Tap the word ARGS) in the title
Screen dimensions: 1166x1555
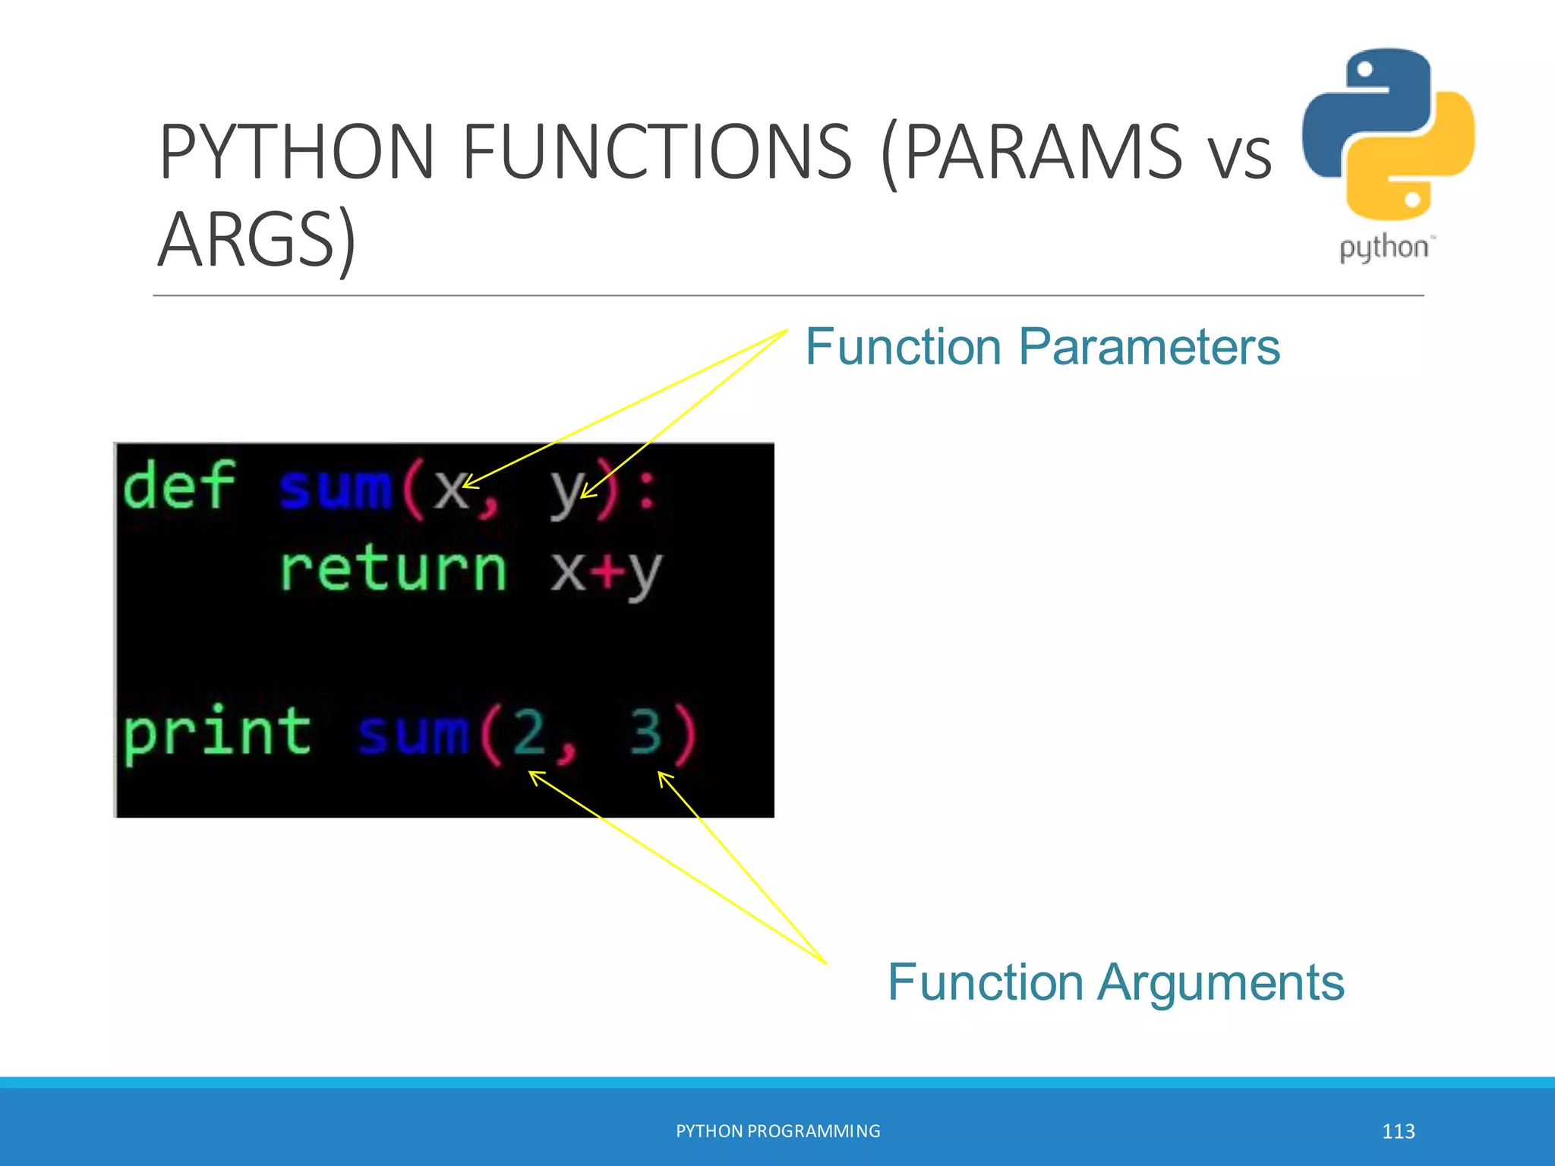click(257, 239)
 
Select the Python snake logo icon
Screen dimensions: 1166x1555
click(1388, 134)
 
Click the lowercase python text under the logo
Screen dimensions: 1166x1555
click(1383, 248)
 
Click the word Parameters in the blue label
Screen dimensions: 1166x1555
click(1149, 347)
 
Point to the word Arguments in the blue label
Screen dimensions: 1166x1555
click(1222, 982)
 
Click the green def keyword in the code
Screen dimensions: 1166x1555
click(178, 486)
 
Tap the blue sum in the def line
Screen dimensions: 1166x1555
click(335, 489)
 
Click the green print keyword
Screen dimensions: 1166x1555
click(217, 732)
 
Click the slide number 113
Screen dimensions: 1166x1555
click(1398, 1131)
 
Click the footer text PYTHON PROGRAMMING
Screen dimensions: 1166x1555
click(777, 1131)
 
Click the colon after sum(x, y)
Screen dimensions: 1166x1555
click(646, 490)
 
